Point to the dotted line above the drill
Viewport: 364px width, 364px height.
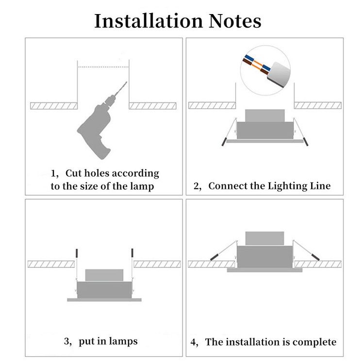103,66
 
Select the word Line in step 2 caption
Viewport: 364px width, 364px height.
320,186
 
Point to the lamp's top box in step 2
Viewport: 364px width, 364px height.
265,116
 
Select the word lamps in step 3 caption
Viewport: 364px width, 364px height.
124,341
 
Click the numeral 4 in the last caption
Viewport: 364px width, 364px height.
193,341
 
